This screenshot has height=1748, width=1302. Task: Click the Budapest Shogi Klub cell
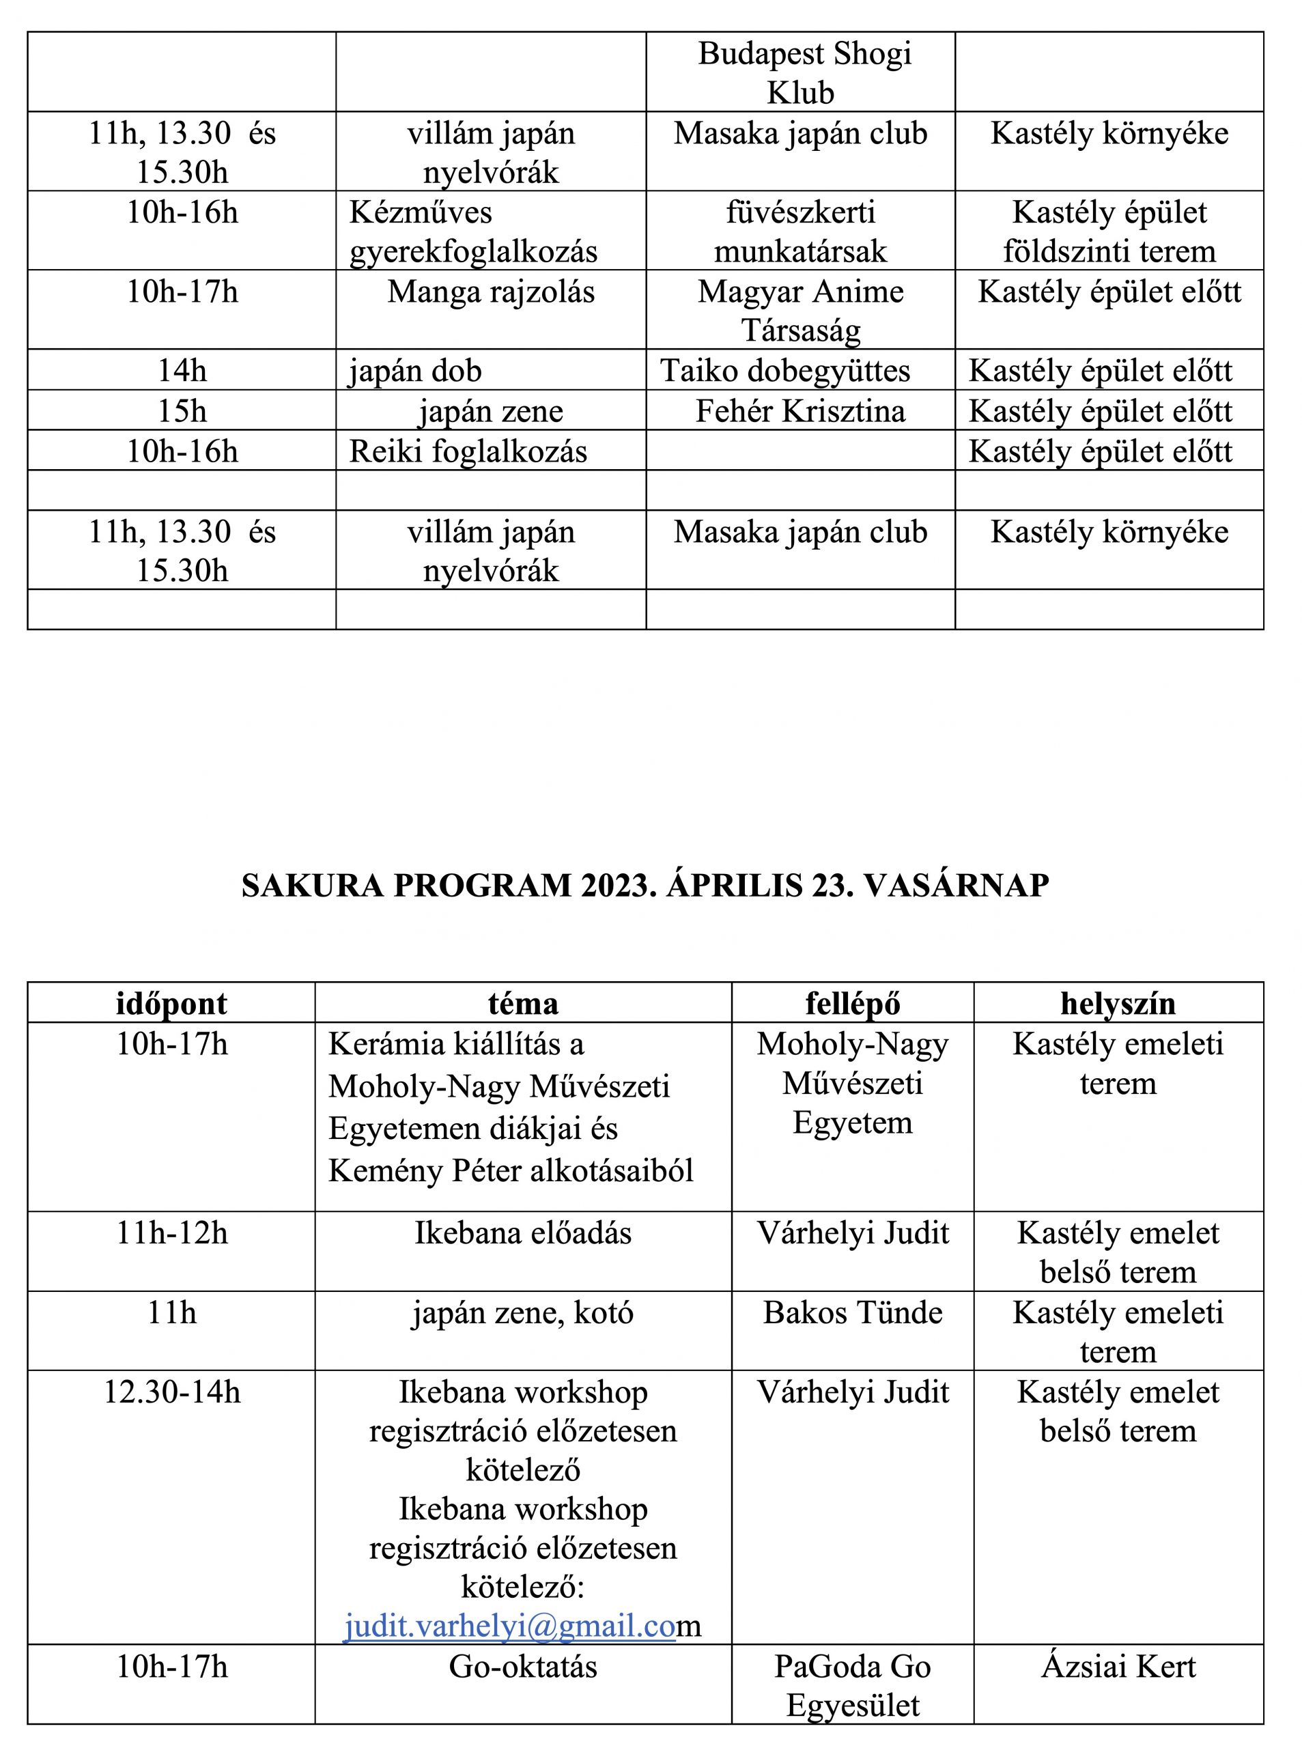click(804, 73)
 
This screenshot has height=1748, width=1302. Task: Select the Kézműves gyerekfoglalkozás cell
click(473, 231)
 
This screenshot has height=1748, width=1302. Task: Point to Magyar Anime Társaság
click(800, 311)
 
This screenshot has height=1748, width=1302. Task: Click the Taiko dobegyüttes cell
click(785, 371)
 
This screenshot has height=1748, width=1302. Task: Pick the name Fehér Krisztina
click(800, 411)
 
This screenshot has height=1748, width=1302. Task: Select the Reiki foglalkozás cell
click(468, 451)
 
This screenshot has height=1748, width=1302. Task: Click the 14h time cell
click(182, 371)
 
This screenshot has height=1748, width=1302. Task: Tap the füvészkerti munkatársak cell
click(800, 231)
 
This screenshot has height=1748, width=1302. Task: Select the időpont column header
click(172, 1004)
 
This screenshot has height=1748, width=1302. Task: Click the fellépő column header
click(853, 1004)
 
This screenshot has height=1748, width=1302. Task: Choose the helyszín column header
click(1118, 1004)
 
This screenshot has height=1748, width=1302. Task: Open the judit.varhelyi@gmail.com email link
click(511, 1626)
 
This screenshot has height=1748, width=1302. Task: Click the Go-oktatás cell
click(523, 1667)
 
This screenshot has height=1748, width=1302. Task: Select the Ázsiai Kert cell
click(1118, 1667)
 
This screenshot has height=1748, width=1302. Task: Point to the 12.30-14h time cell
click(172, 1392)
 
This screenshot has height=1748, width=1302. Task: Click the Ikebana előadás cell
click(523, 1233)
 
